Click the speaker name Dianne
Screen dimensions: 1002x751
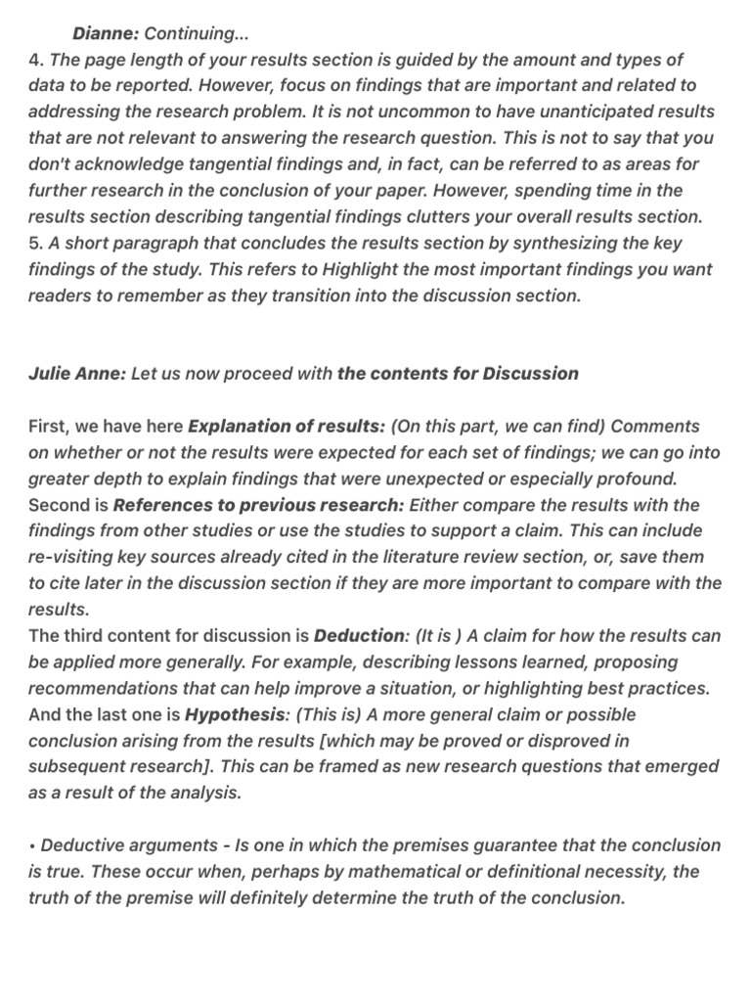click(106, 34)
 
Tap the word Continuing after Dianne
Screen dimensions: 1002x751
click(190, 34)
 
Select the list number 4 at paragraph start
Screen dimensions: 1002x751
click(33, 61)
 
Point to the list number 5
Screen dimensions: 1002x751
click(33, 243)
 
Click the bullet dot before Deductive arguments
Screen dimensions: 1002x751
click(32, 845)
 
